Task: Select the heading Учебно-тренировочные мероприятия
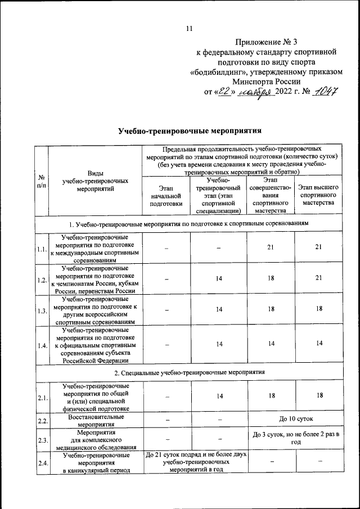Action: pyautogui.click(x=190, y=132)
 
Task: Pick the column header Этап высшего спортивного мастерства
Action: pyautogui.click(x=318, y=194)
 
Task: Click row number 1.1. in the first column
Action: pyautogui.click(x=41, y=249)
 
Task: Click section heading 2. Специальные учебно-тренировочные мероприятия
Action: pyautogui.click(x=190, y=372)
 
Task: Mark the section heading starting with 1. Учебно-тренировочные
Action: pyautogui.click(x=190, y=224)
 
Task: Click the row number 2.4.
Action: pyautogui.click(x=41, y=463)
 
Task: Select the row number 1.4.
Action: pyautogui.click(x=41, y=345)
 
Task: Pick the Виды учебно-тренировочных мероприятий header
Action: pyautogui.click(x=96, y=181)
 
